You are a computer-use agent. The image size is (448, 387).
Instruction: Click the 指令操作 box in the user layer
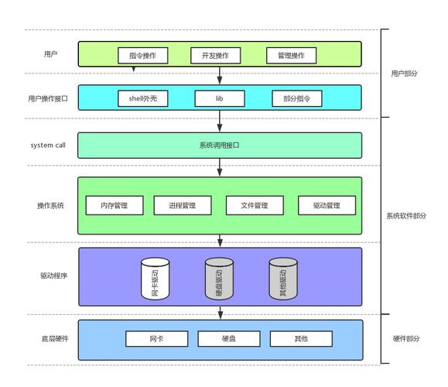tap(142, 56)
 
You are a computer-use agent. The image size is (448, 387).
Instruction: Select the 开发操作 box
tap(215, 56)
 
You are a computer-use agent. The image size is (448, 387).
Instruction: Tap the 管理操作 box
tap(286, 56)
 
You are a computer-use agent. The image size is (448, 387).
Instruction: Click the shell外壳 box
tap(143, 98)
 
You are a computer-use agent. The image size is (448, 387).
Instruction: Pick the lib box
tap(219, 98)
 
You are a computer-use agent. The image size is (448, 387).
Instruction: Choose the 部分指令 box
tap(296, 98)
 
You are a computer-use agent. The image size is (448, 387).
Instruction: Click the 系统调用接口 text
tap(219, 145)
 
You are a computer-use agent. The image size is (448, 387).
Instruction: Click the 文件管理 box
tap(255, 205)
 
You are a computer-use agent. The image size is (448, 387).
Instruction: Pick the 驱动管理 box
tap(327, 205)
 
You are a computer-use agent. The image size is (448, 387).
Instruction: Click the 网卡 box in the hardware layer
tap(156, 339)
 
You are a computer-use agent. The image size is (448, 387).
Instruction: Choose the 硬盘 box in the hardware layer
tap(227, 339)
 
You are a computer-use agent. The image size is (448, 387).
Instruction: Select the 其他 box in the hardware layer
tap(300, 339)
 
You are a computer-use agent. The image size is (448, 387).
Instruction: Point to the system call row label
tap(48, 145)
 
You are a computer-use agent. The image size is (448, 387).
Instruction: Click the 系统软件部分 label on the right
tap(406, 216)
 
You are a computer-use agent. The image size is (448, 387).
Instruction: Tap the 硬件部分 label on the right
tap(408, 339)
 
